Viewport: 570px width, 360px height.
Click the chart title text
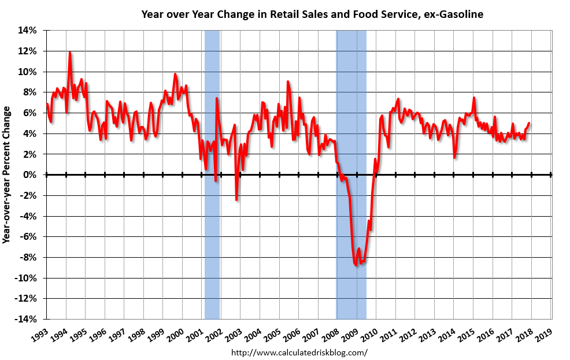(x=312, y=14)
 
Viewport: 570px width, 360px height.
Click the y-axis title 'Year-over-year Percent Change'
(x=6, y=175)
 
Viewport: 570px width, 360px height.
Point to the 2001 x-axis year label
(x=195, y=334)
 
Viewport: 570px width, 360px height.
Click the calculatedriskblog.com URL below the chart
(x=299, y=352)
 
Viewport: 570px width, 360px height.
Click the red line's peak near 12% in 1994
(x=70, y=53)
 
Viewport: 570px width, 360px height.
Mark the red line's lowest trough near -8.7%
(x=356, y=264)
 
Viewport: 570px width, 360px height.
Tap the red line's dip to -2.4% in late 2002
(x=236, y=199)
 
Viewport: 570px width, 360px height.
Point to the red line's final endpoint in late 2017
(x=529, y=123)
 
